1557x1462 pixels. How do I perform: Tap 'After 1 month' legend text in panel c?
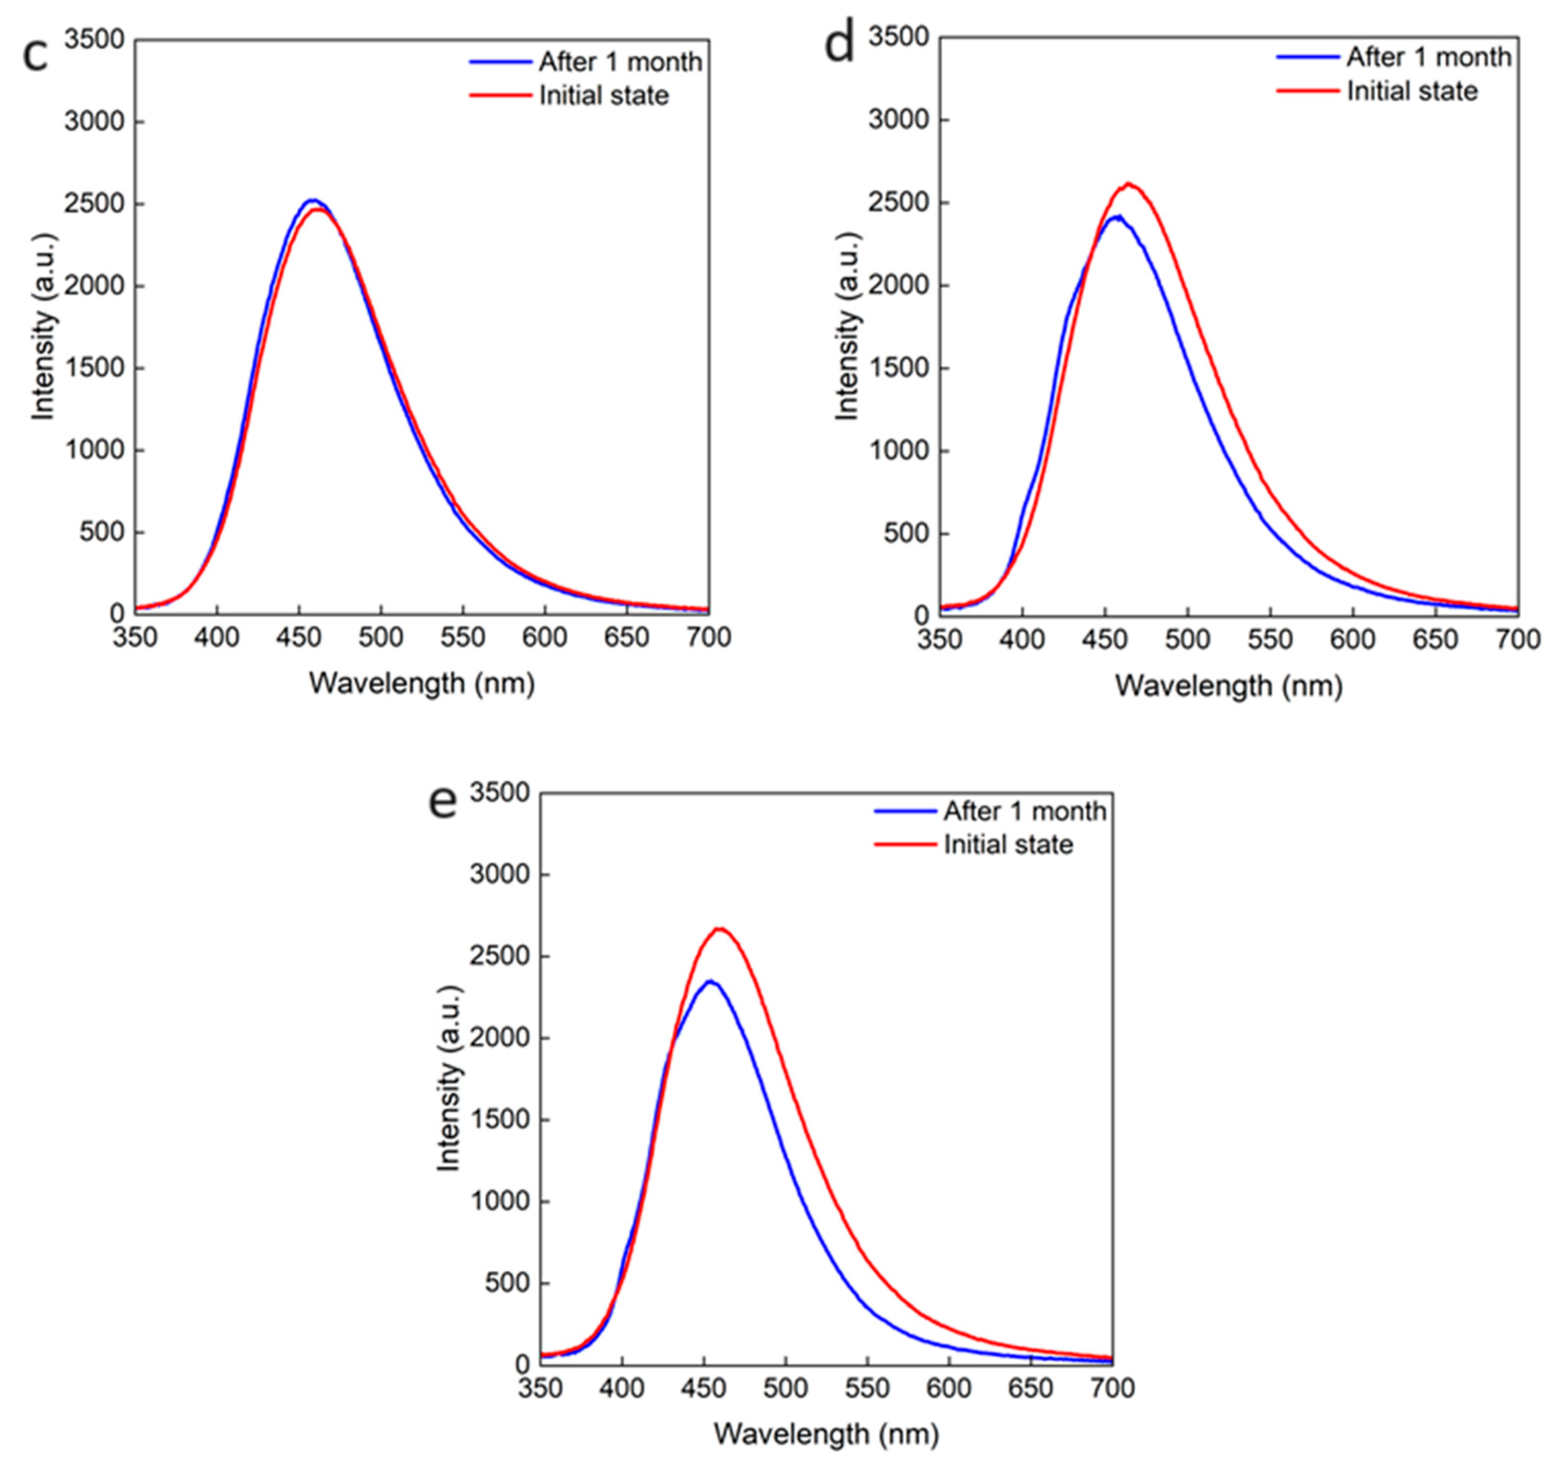620,62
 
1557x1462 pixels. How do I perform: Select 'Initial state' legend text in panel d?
1412,92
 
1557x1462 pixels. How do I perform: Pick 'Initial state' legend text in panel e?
1008,845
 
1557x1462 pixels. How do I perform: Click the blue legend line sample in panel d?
1307,57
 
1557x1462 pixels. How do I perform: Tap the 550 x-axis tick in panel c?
463,638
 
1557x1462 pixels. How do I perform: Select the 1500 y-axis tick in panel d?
899,369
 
